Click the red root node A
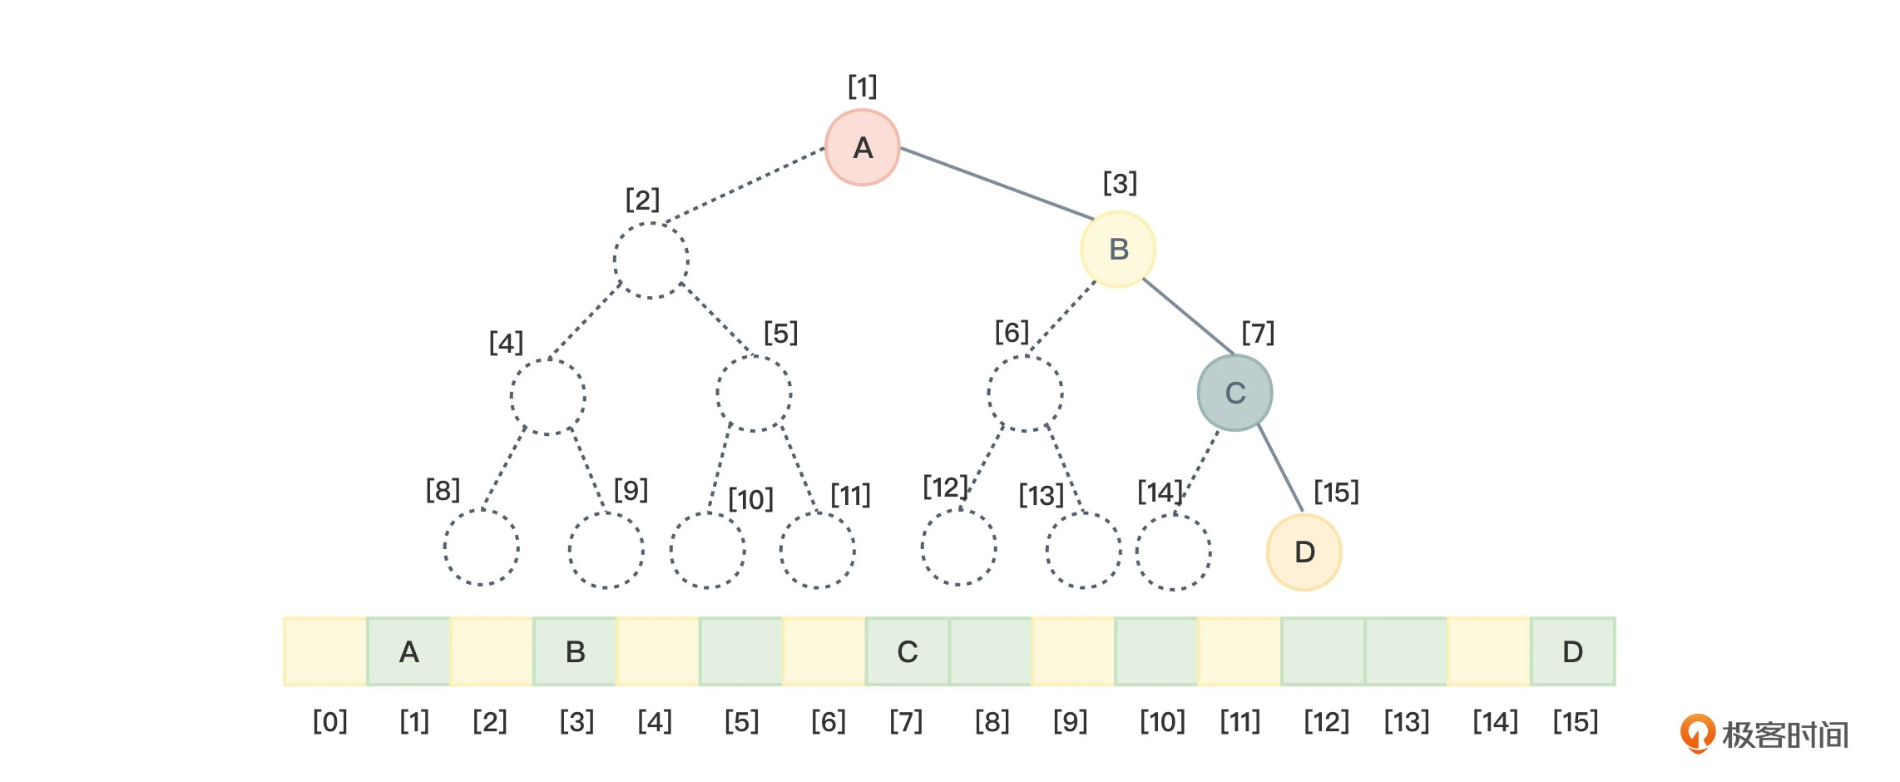click(x=863, y=147)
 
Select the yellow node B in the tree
click(x=1118, y=250)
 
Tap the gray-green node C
click(x=1235, y=393)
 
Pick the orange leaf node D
click(x=1304, y=552)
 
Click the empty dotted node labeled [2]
click(x=651, y=260)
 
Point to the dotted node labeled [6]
click(x=1025, y=393)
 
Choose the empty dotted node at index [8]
click(x=481, y=548)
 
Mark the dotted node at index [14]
click(x=1173, y=552)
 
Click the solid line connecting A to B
click(x=997, y=183)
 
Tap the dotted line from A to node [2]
click(x=745, y=186)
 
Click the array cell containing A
click(x=408, y=652)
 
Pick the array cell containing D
click(x=1572, y=652)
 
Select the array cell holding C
click(x=907, y=652)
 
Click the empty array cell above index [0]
click(x=325, y=652)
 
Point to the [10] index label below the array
click(x=1161, y=721)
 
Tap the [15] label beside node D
click(x=1336, y=492)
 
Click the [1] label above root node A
click(x=863, y=87)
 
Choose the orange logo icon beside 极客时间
click(x=1697, y=733)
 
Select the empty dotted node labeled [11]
click(x=817, y=551)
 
